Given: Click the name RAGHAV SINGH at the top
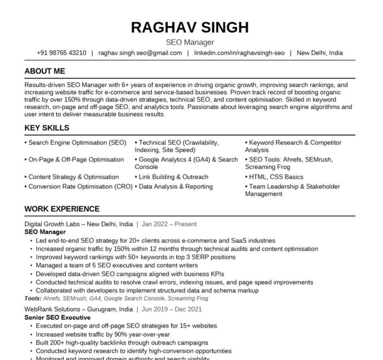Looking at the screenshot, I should coord(190,28).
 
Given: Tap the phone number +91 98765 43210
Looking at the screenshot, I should coord(61,53).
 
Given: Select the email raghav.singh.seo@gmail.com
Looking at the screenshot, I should coord(140,53).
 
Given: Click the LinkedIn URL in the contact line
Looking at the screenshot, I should coord(239,53).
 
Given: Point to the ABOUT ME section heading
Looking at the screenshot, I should coord(45,71).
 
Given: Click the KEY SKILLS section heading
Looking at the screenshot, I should coord(47,128).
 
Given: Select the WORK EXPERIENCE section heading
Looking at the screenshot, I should coord(62,209).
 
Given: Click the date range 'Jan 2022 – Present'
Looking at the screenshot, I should coord(169,224).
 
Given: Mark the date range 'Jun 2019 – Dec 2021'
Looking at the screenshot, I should coord(172,309).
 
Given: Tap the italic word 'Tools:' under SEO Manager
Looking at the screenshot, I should coord(33,298).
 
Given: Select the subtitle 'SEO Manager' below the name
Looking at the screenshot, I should coord(190,42).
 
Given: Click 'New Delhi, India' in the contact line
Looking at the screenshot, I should coord(319,53).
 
